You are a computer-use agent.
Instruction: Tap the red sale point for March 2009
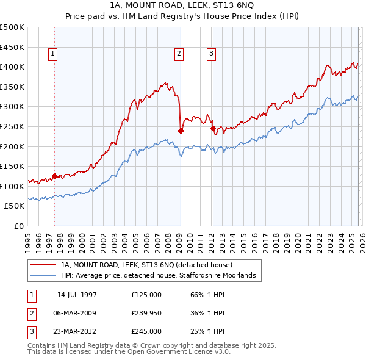(x=181, y=131)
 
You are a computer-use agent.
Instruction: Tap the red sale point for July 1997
(x=55, y=176)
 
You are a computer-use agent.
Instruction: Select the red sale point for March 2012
(x=213, y=129)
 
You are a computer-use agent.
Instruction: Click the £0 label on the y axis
(x=18, y=226)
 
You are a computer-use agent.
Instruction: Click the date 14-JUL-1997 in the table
(x=77, y=295)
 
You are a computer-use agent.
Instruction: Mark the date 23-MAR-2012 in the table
(x=77, y=331)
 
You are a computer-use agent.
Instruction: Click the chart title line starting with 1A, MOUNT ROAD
(x=182, y=6)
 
